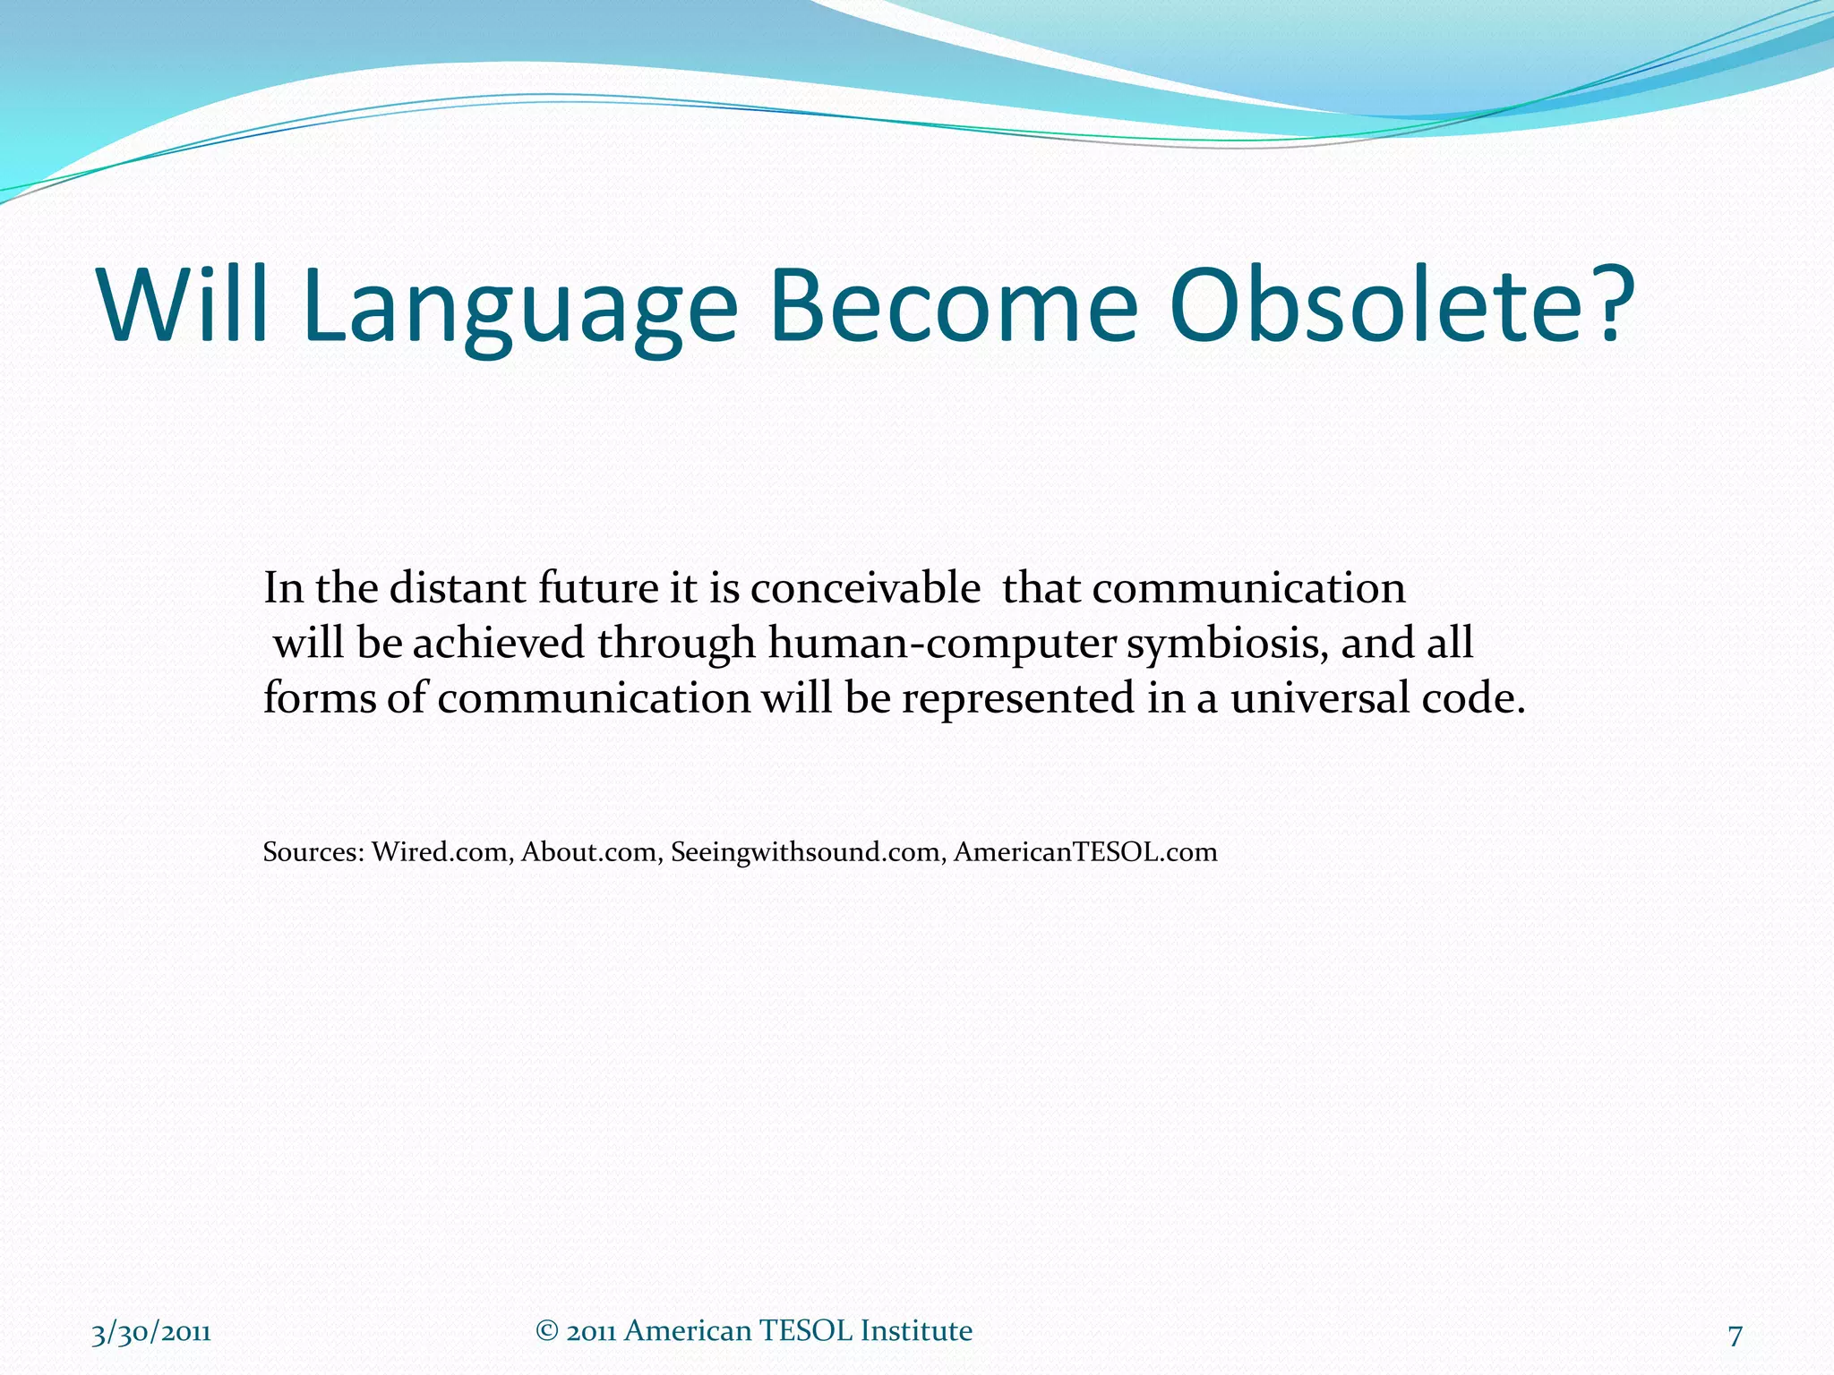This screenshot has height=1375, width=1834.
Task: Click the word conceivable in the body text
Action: point(865,588)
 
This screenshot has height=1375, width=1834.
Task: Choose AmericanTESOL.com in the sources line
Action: point(1085,851)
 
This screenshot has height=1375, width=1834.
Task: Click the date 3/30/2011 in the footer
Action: point(151,1333)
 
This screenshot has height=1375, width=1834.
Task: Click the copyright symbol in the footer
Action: point(546,1331)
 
